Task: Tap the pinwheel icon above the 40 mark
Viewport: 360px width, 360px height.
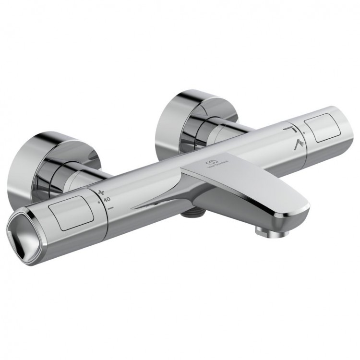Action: pyautogui.click(x=101, y=192)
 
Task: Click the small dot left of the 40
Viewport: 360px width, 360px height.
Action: pyautogui.click(x=99, y=202)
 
